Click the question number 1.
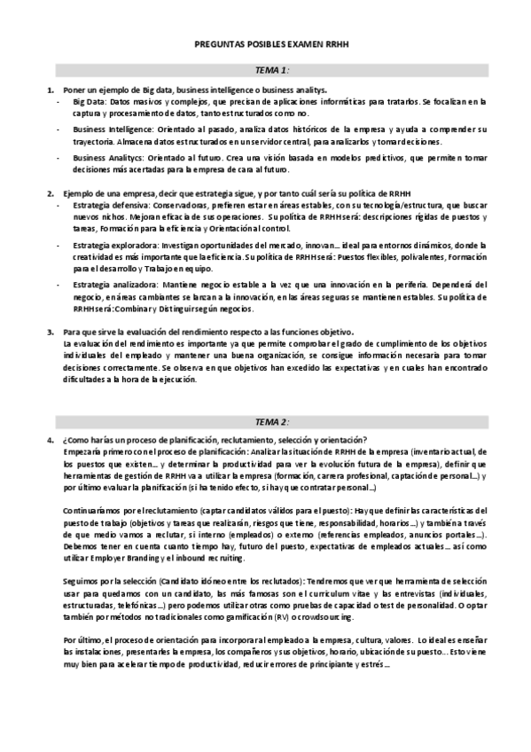(x=50, y=90)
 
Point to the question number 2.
(x=50, y=192)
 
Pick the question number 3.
(x=50, y=330)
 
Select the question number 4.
(x=50, y=440)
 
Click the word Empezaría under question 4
(x=85, y=450)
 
